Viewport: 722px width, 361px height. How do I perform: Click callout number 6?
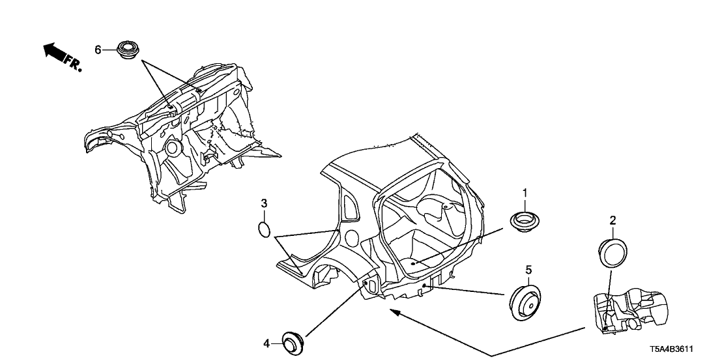tap(98, 50)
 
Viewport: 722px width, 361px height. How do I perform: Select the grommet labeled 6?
tap(127, 50)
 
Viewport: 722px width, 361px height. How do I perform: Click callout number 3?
tap(264, 203)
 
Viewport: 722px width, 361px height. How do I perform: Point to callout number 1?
tap(525, 192)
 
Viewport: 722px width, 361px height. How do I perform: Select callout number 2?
tap(613, 220)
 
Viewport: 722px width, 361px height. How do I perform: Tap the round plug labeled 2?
tap(613, 252)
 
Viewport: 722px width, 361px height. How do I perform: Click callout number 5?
tap(528, 268)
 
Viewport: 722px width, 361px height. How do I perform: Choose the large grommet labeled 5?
tap(525, 302)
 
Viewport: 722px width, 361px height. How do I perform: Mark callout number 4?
tap(266, 343)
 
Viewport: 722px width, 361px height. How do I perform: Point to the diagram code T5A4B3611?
tap(671, 349)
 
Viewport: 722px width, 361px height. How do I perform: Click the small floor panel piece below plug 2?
tap(630, 310)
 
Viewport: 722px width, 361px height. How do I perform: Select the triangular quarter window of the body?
tap(351, 205)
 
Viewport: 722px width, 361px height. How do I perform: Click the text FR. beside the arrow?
tap(73, 64)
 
